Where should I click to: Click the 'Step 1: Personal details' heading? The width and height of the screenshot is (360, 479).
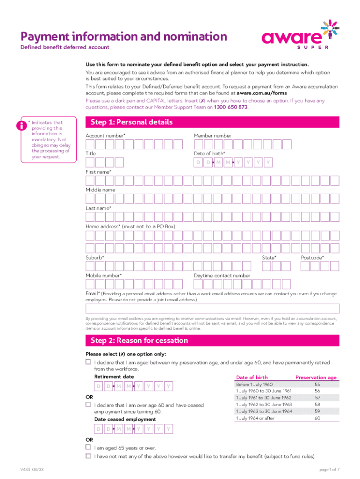[x=132, y=123]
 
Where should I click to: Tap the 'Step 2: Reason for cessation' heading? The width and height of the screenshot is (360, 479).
[x=139, y=341]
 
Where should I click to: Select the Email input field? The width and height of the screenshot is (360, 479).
[x=212, y=309]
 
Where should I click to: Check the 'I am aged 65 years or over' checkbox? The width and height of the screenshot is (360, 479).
[x=88, y=447]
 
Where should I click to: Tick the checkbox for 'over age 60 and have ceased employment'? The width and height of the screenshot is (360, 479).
[x=88, y=404]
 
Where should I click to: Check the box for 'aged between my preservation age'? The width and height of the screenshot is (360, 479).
[x=88, y=362]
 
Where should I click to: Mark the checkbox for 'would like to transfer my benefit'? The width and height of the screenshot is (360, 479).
[x=88, y=456]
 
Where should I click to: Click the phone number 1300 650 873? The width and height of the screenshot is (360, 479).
[x=230, y=107]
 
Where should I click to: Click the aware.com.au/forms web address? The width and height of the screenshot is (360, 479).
[x=259, y=93]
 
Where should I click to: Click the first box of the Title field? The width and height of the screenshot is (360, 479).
[x=90, y=162]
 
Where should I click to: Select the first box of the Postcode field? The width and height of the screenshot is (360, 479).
[x=305, y=266]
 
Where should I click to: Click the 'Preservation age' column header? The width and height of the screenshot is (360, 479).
[x=316, y=377]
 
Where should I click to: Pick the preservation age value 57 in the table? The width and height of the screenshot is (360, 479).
[x=317, y=398]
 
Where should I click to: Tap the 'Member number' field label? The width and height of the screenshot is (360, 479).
[x=212, y=136]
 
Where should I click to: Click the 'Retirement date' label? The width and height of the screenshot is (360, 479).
[x=114, y=377]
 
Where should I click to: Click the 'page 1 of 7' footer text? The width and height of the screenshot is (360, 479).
[x=329, y=469]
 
